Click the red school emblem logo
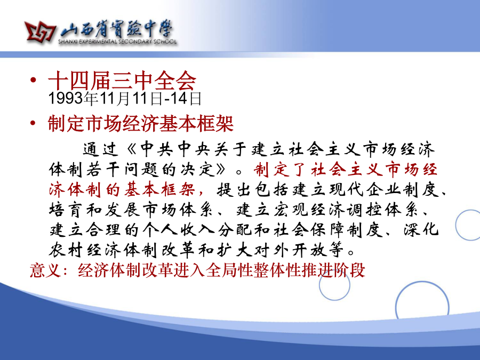point(40,31)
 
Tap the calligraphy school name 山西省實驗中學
point(116,30)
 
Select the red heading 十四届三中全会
point(122,81)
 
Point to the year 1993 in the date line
point(66,98)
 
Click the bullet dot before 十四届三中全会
point(33,80)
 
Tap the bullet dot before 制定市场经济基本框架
point(33,123)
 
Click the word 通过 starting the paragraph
point(100,149)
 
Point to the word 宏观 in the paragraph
point(291,210)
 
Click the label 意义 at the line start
point(45,270)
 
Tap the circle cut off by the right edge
point(456,225)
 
